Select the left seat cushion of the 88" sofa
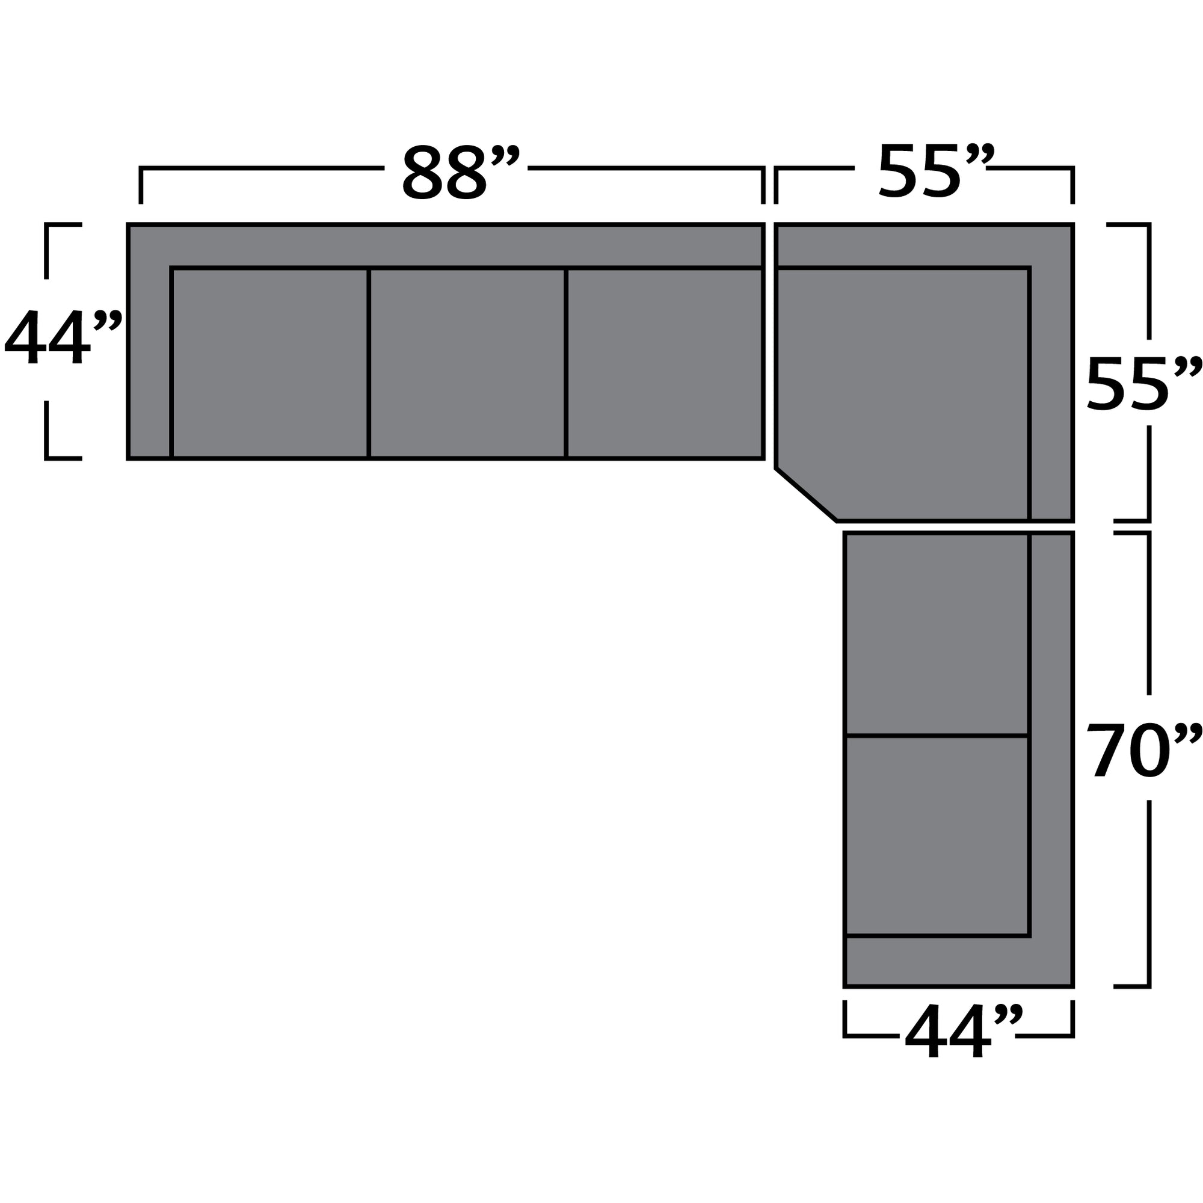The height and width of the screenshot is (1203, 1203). (269, 363)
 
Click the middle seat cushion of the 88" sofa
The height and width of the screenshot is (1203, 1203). (467, 363)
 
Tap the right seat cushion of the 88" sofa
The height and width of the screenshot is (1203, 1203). (664, 363)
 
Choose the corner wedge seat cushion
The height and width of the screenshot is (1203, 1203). (903, 386)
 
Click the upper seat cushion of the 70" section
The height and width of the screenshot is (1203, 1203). (936, 634)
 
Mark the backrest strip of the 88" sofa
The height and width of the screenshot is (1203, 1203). (445, 246)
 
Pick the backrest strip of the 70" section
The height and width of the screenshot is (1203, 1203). (1051, 747)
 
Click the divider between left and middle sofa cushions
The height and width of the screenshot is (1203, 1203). (369, 363)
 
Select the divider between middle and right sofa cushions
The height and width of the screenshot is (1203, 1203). (565, 363)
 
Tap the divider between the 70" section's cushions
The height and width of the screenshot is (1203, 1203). (936, 736)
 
